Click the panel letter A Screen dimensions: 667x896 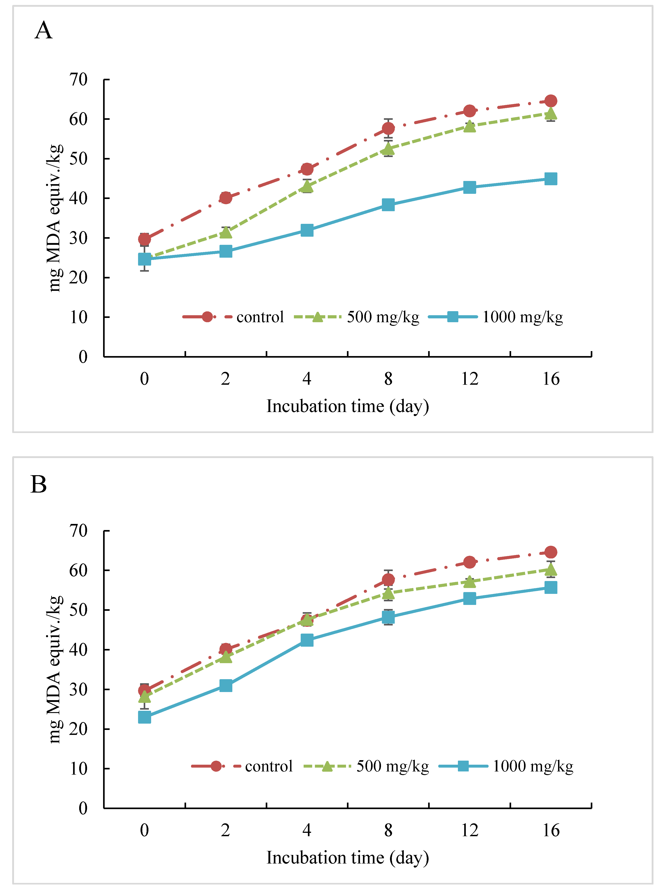point(44,30)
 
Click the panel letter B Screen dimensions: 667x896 point(39,484)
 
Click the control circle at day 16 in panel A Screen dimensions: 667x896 point(551,101)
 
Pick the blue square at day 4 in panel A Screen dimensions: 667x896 point(307,231)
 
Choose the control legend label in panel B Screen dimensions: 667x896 point(268,766)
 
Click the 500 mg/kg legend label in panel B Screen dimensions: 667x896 point(392,766)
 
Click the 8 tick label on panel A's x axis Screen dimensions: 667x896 point(388,379)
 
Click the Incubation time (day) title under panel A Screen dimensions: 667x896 point(348,406)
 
